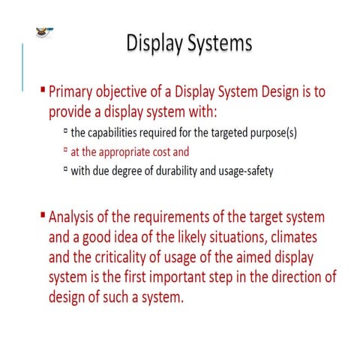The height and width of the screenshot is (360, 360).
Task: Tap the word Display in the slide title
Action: click(152, 43)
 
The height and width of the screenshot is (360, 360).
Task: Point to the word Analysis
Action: click(75, 217)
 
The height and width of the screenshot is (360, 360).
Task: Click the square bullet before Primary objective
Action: click(43, 91)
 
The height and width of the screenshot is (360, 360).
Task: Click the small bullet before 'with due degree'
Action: click(65, 169)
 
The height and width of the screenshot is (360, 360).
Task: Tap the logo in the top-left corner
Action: click(43, 33)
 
